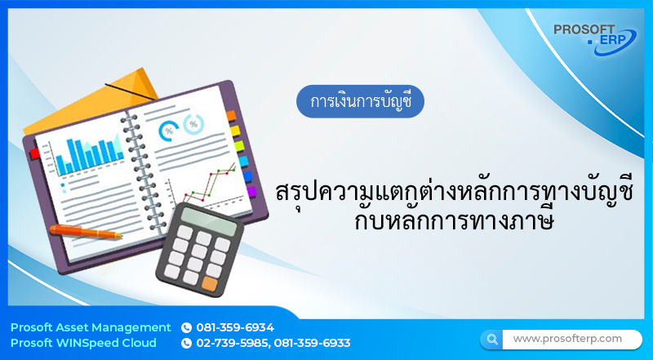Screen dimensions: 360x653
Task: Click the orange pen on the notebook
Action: click(85, 231)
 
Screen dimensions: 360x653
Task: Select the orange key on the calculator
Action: click(210, 284)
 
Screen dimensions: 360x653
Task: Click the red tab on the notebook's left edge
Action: click(34, 153)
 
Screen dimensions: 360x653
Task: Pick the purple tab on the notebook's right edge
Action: click(251, 191)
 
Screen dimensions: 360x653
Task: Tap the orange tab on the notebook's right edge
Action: click(231, 115)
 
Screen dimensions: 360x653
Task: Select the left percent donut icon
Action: click(170, 130)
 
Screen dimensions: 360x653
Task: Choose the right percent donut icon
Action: click(193, 125)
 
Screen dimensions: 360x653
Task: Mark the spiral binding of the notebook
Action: click(135, 171)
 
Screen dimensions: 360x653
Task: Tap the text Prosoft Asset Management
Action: click(91, 327)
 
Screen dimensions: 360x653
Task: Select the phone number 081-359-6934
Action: click(235, 327)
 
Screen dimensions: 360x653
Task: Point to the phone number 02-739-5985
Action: click(232, 343)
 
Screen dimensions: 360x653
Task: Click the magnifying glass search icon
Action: click(491, 338)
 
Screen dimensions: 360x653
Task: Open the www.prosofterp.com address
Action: click(567, 338)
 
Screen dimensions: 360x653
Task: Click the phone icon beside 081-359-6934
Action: click(186, 327)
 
